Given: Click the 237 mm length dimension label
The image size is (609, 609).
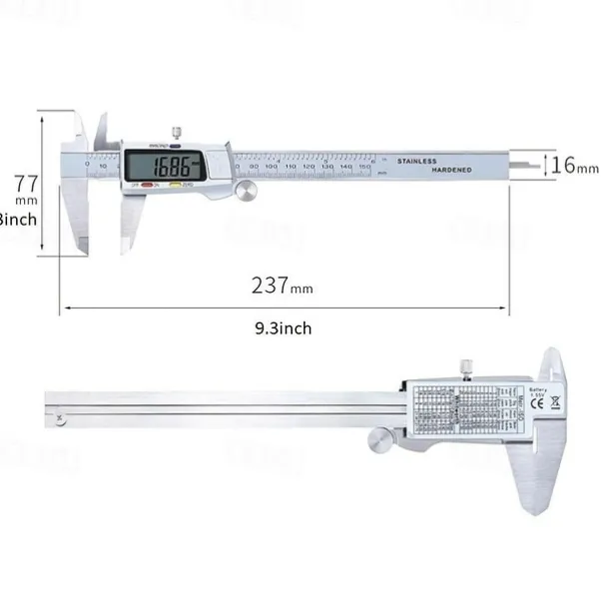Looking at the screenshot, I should (283, 286).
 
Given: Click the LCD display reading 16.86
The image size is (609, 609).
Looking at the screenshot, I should (165, 165).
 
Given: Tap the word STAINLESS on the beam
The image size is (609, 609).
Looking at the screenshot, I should (417, 160).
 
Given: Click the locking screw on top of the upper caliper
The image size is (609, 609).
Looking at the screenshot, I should (176, 132).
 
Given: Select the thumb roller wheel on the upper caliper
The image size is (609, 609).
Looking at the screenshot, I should (245, 190).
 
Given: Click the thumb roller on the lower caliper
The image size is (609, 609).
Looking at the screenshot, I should (377, 438).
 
